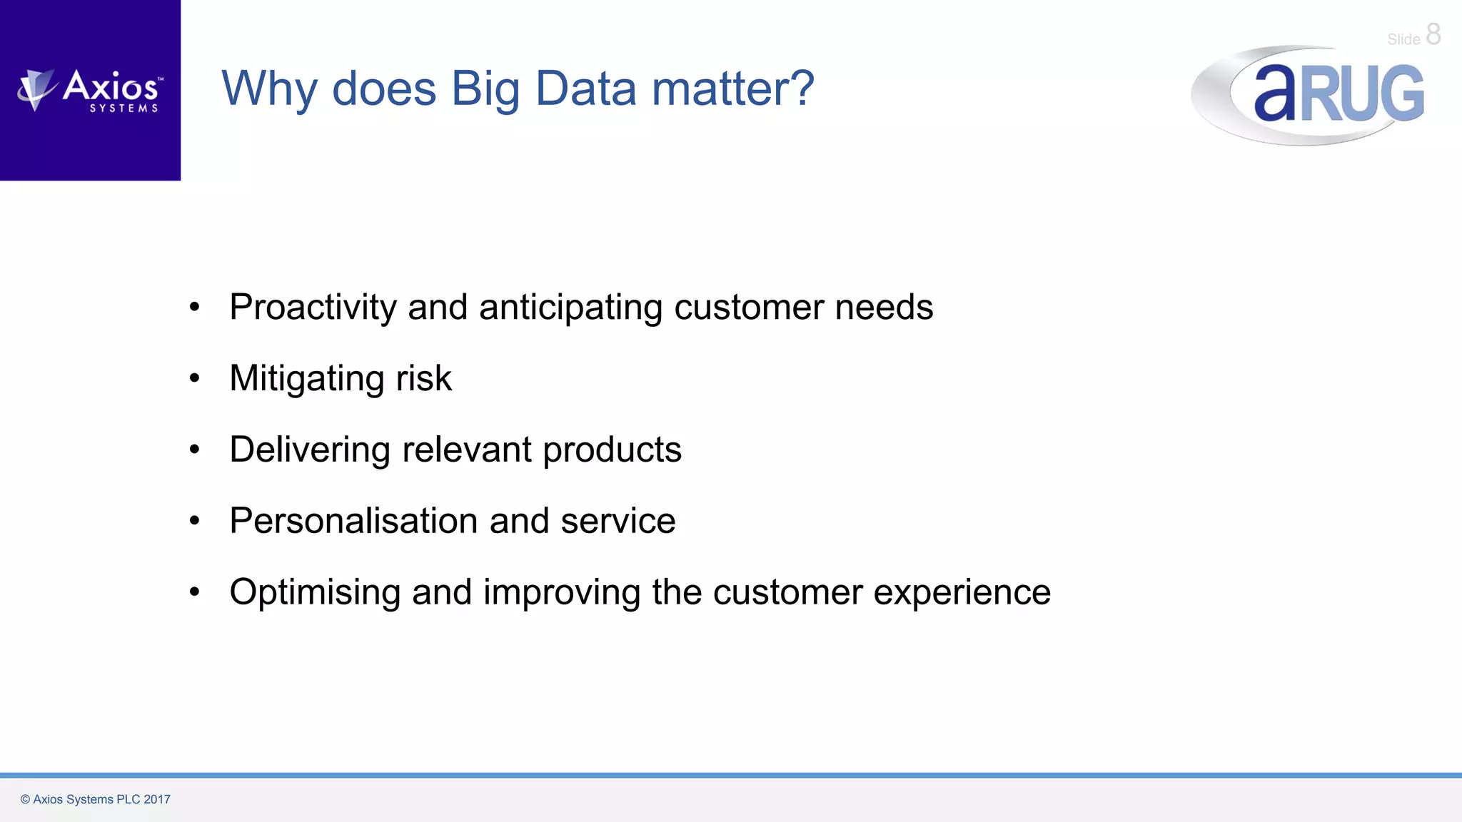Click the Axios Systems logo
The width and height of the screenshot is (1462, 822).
(x=91, y=91)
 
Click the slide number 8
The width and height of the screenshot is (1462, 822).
(x=1433, y=34)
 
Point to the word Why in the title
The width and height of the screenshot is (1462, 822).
(x=269, y=90)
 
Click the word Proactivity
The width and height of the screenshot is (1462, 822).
(x=313, y=308)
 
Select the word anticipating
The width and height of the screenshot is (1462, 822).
(x=570, y=308)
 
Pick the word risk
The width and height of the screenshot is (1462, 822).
(x=424, y=378)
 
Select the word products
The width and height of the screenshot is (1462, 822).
(x=612, y=450)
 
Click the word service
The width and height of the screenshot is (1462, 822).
(x=617, y=521)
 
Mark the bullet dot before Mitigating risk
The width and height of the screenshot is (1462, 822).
(x=194, y=378)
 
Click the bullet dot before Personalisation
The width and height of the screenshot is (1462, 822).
(x=194, y=521)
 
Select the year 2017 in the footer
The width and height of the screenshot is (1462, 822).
(x=157, y=799)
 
